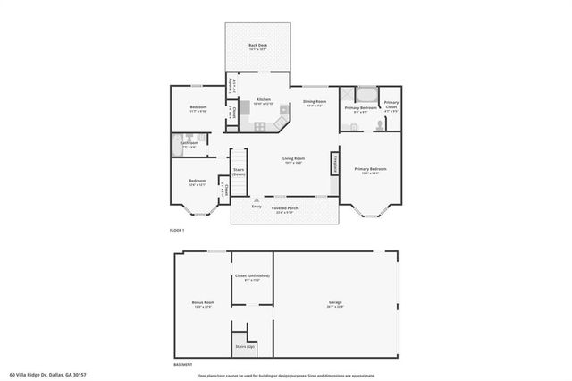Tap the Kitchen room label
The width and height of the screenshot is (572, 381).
click(x=264, y=99)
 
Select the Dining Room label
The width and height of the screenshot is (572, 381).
click(x=314, y=102)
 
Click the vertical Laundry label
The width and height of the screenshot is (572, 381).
click(x=231, y=87)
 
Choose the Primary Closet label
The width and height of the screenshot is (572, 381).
click(x=391, y=104)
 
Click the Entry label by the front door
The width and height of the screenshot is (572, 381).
click(x=257, y=206)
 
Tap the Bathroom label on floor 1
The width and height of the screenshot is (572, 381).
click(x=189, y=143)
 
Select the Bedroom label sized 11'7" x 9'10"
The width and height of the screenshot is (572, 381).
click(x=198, y=107)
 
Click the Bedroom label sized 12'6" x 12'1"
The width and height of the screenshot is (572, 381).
click(x=198, y=181)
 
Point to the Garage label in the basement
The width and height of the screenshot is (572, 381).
click(x=335, y=302)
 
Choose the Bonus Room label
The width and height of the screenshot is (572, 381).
click(x=203, y=302)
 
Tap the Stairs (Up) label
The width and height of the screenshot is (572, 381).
click(x=245, y=345)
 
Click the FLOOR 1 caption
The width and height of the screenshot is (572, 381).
click(x=177, y=230)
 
